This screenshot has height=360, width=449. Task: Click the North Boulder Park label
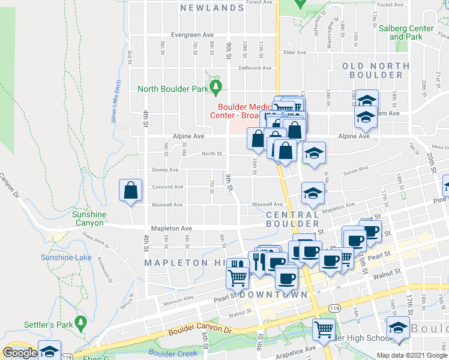[172, 89]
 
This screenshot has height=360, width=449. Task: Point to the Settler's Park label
[48, 325]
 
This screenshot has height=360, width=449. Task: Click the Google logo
[20, 353]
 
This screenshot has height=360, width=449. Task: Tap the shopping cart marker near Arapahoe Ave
[324, 329]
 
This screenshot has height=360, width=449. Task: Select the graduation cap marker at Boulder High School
[397, 328]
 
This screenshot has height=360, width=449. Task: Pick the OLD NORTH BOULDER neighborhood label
[376, 70]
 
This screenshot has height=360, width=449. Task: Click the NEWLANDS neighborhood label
[212, 8]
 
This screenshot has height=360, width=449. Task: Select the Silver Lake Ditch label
[116, 101]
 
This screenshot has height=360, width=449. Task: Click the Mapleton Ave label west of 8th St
[171, 229]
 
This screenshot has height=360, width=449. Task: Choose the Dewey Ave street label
[164, 170]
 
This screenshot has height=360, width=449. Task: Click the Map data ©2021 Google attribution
[411, 355]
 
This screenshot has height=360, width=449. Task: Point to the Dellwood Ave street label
[255, 68]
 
